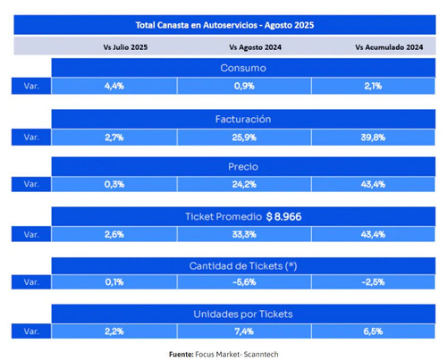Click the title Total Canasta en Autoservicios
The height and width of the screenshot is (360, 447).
tap(197, 25)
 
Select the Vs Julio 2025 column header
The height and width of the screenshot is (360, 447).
tap(125, 47)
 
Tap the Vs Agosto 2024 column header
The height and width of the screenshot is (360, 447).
tap(255, 47)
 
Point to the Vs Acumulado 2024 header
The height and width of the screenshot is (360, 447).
tap(389, 47)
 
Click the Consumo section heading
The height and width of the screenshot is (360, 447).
tap(243, 68)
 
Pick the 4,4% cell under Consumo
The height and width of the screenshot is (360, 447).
tap(114, 86)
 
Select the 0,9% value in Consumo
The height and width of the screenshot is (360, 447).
tap(244, 86)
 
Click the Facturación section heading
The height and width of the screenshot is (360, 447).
tap(243, 119)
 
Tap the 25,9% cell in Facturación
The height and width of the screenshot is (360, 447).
tap(244, 138)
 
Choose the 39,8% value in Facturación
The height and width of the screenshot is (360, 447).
tap(373, 138)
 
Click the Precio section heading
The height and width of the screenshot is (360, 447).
tap(243, 166)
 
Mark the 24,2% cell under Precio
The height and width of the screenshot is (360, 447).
tap(244, 184)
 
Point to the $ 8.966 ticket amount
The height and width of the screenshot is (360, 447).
tap(283, 216)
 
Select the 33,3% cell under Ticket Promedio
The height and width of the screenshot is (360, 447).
tap(244, 234)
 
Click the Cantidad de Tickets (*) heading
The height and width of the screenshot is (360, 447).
tap(243, 265)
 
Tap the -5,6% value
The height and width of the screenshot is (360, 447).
tap(244, 282)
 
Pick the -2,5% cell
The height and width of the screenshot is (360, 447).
tap(373, 282)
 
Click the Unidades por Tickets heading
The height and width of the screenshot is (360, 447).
tap(243, 314)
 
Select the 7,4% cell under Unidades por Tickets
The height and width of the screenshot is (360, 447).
tap(244, 331)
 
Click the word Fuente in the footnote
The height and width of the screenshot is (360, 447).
tap(181, 355)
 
